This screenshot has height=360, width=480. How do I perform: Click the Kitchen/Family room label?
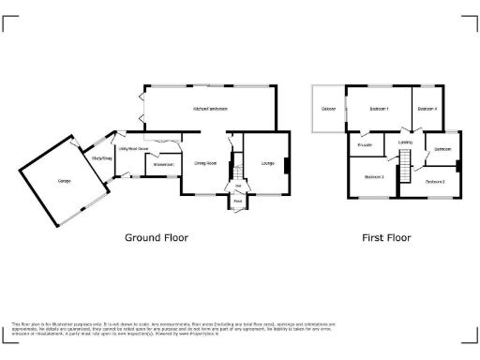tap(211, 110)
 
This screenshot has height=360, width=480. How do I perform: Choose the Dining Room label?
tap(205, 163)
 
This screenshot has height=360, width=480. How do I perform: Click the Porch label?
tap(238, 201)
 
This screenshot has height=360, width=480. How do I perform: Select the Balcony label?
tap(328, 110)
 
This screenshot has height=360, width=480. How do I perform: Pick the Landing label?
tap(405, 142)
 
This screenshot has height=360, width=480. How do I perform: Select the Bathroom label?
tap(442, 149)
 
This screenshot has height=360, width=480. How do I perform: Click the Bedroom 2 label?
tap(434, 181)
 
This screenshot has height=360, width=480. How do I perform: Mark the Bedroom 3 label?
tap(374, 176)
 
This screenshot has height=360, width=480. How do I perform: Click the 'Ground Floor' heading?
tap(157, 238)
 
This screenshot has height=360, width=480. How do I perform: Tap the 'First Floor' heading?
tap(386, 238)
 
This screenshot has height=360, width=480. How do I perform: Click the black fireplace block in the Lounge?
tap(287, 167)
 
